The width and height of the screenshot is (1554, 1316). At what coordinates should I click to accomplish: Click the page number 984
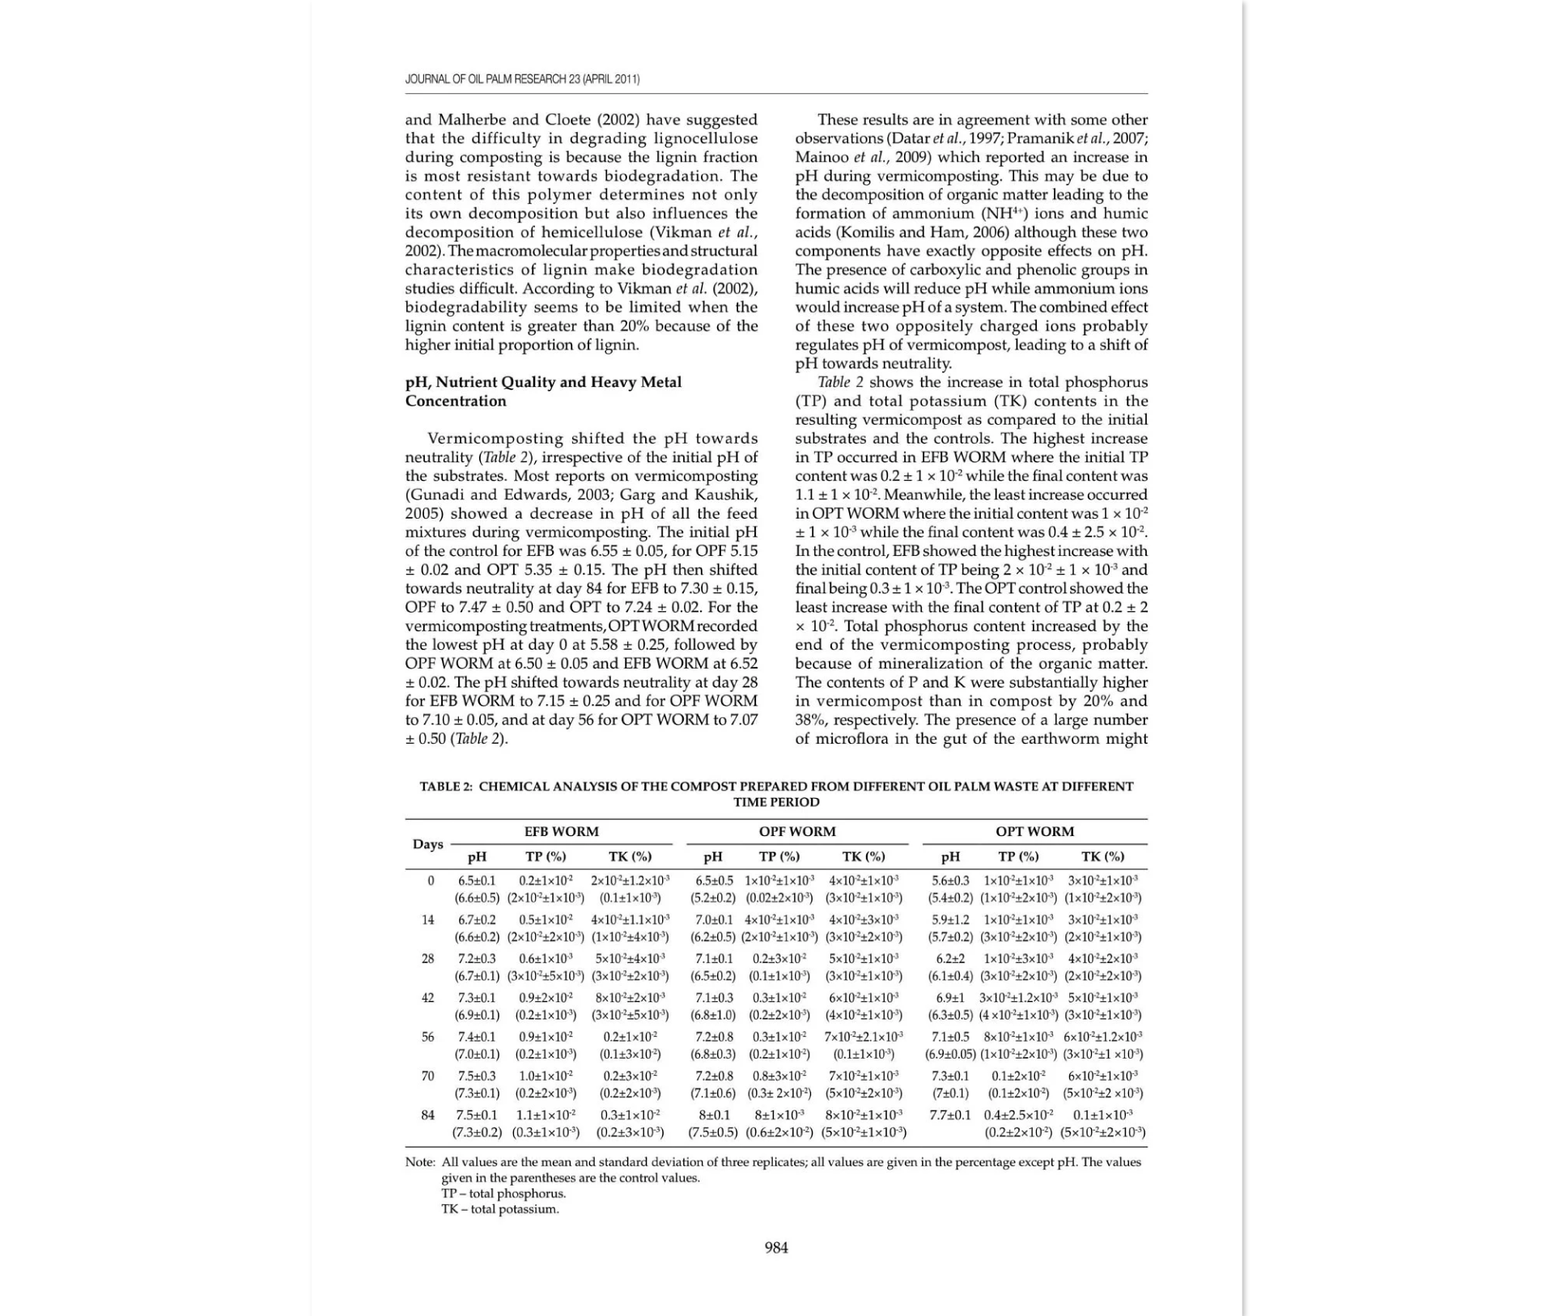click(x=776, y=1247)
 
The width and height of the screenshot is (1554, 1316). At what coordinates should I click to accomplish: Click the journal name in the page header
click(x=522, y=79)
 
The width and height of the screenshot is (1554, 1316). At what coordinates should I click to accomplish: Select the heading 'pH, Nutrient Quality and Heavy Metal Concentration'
click(x=543, y=391)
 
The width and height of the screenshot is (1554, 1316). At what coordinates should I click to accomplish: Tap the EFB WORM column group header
click(x=561, y=831)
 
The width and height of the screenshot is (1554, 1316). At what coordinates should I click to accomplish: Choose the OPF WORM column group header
click(x=796, y=831)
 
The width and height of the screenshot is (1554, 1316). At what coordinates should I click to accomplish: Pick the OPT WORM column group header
click(x=1034, y=831)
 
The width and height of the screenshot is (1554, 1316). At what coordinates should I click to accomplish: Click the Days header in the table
click(x=427, y=844)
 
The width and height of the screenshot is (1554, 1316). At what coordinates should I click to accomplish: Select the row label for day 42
click(x=427, y=998)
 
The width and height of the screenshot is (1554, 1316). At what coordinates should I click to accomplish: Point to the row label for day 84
click(x=427, y=1115)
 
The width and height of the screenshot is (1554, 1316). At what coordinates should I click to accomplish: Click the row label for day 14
click(x=427, y=919)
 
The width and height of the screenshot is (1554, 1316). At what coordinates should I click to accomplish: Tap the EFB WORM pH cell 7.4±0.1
click(x=477, y=1037)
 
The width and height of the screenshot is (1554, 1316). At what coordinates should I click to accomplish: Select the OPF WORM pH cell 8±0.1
click(x=713, y=1115)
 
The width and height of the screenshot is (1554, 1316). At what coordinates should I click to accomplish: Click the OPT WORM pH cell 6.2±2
click(x=950, y=959)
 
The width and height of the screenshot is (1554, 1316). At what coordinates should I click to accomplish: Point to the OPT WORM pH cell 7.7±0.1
click(x=950, y=1115)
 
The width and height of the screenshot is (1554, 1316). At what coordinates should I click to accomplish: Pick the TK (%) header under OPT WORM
click(x=1102, y=856)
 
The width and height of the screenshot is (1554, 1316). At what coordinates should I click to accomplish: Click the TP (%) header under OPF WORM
click(x=779, y=856)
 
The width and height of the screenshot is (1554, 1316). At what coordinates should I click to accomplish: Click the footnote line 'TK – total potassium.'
click(x=499, y=1209)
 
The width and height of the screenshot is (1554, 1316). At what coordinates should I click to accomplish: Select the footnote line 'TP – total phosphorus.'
click(x=503, y=1194)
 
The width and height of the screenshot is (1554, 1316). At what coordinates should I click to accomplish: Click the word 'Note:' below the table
click(x=420, y=1162)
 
